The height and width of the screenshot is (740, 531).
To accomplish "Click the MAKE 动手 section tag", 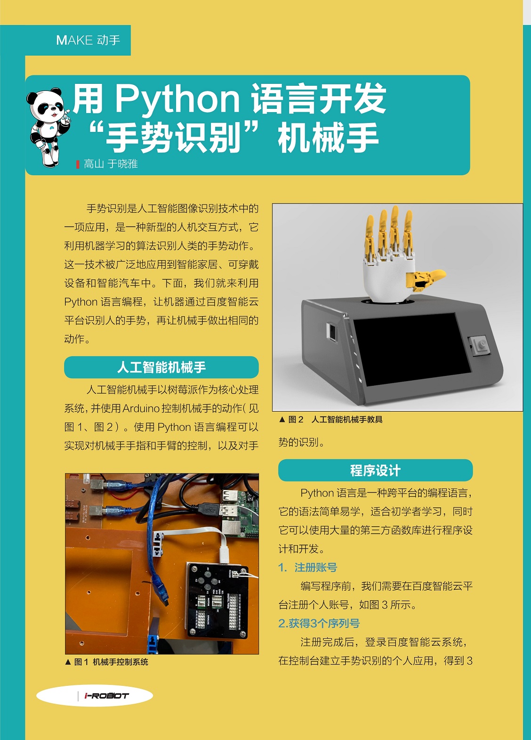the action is click(88, 40).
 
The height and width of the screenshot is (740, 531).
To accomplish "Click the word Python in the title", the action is click(177, 99).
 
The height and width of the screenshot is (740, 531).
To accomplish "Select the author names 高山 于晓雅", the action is click(110, 164).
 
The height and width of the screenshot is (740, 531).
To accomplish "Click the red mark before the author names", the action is click(78, 164).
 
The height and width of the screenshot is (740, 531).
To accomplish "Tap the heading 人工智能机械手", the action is click(161, 367).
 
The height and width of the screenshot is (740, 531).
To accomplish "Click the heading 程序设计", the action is click(376, 470).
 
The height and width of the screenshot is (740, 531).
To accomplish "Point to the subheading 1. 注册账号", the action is click(308, 567).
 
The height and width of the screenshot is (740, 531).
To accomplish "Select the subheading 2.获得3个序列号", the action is click(319, 623).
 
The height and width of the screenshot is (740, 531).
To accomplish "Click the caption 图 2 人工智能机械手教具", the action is click(331, 420).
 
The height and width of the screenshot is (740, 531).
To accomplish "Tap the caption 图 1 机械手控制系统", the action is click(107, 662).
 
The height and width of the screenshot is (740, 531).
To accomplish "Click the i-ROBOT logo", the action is click(106, 696).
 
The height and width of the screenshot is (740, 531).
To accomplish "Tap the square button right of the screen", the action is click(480, 346).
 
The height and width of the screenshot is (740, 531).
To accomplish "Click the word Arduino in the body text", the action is click(141, 408).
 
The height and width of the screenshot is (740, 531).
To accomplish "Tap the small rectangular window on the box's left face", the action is click(331, 331).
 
